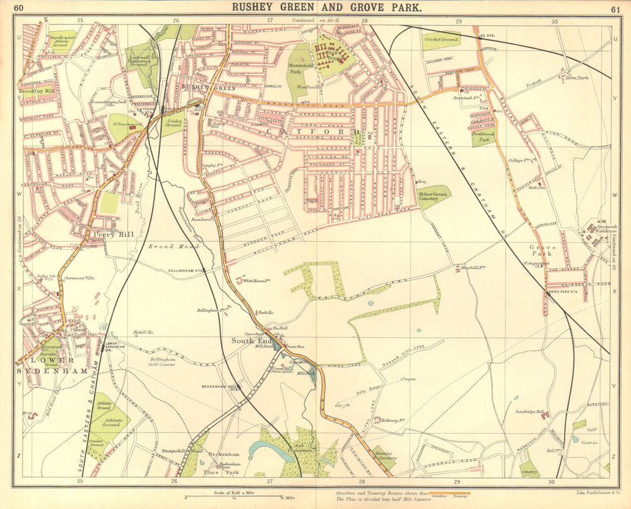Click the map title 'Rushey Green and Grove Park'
[x=327, y=8]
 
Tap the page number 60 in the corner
[x=19, y=8]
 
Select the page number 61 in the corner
[x=615, y=9]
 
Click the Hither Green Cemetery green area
[x=434, y=197]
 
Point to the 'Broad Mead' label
[x=165, y=247]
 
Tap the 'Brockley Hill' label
[x=35, y=91]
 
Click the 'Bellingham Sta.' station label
[x=187, y=270]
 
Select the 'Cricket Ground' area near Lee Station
[x=441, y=39]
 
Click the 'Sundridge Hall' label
[x=530, y=411]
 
